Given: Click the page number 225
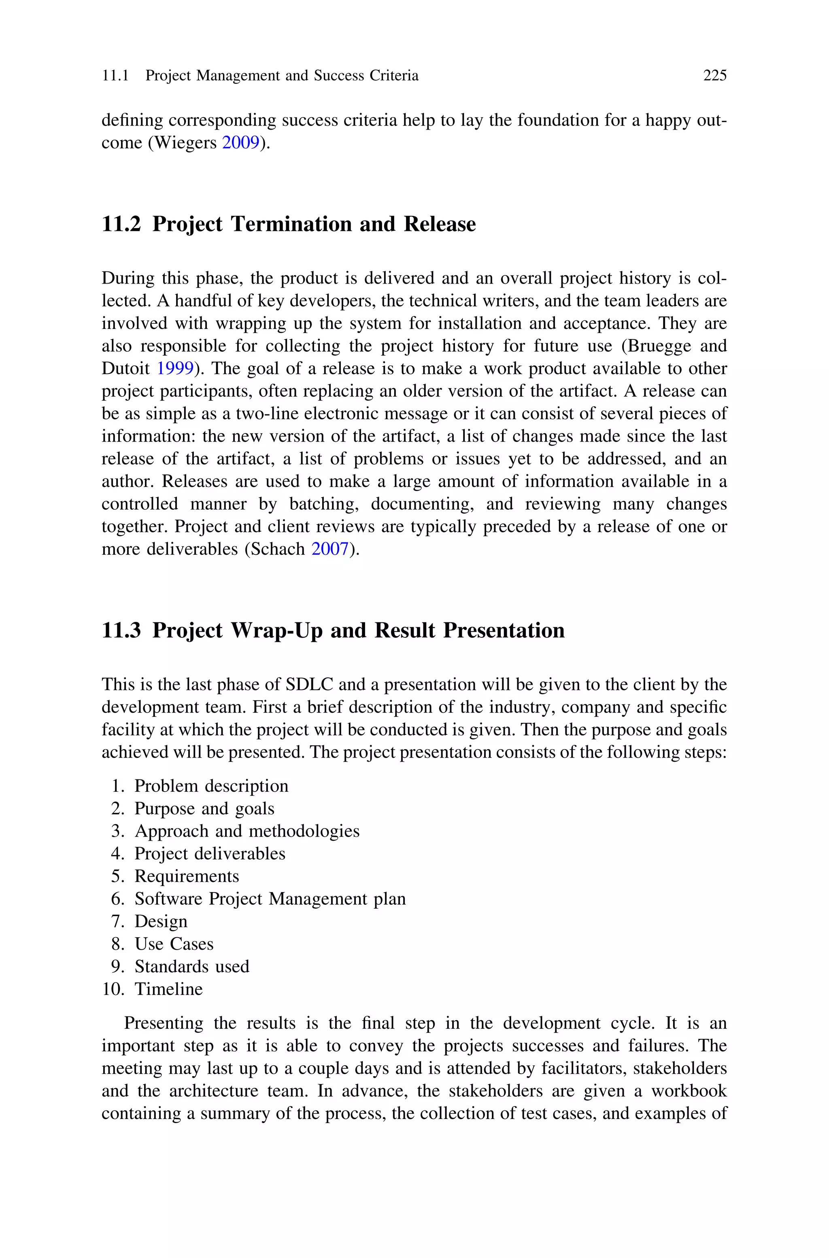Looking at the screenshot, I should point(715,76).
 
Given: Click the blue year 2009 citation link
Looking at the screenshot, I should point(240,143).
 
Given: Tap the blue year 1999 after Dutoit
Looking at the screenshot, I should point(175,368).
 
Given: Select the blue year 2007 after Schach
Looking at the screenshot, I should point(330,549).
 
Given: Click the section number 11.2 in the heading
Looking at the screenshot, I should point(121,224).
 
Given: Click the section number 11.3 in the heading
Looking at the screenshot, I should point(121,630).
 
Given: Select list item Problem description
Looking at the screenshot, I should point(211,786).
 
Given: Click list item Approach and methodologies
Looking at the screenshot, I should point(247,831).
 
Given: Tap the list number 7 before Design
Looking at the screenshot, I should point(117,922).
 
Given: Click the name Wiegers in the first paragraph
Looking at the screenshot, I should point(185,143).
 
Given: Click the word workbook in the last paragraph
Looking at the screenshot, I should point(689,1091).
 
